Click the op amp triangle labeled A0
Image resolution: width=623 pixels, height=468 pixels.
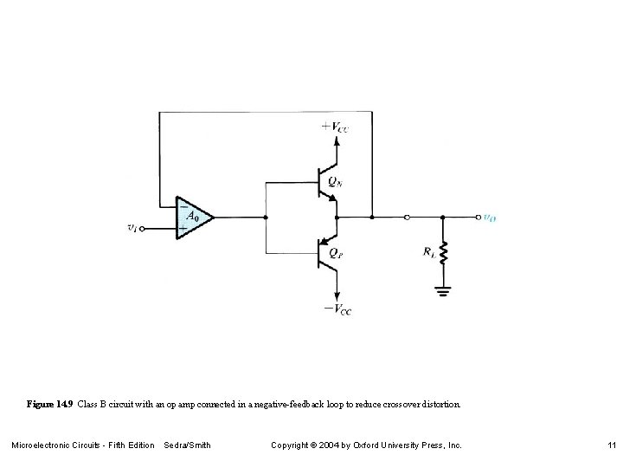pyautogui.click(x=192, y=218)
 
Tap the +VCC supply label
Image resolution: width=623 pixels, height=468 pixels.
pyautogui.click(x=336, y=126)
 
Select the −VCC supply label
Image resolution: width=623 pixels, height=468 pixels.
pyautogui.click(x=337, y=309)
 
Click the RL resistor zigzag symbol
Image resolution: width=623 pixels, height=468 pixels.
pyautogui.click(x=443, y=252)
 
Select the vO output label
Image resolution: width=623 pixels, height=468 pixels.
pyautogui.click(x=489, y=218)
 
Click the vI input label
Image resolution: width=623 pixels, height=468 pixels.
pyautogui.click(x=131, y=229)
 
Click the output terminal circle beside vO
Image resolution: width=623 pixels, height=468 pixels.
pyautogui.click(x=475, y=217)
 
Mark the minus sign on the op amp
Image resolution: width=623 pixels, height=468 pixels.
pyautogui.click(x=182, y=207)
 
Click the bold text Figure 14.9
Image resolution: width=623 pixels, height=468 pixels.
pyautogui.click(x=49, y=405)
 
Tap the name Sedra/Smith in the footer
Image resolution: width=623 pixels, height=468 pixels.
pyautogui.click(x=187, y=445)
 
